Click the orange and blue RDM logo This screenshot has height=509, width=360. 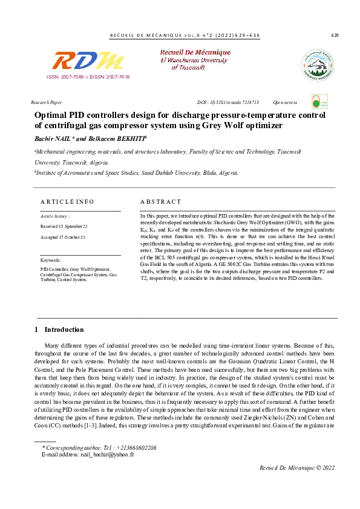pyautogui.click(x=88, y=61)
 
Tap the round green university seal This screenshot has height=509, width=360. pyautogui.click(x=316, y=65)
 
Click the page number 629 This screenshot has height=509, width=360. pyautogui.click(x=335, y=35)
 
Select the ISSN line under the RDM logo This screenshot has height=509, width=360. pyautogui.click(x=88, y=77)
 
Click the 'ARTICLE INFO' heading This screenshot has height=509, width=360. pyautogui.click(x=67, y=201)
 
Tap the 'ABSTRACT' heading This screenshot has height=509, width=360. pyautogui.click(x=160, y=201)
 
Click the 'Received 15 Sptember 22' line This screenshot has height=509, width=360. pyautogui.click(x=64, y=226)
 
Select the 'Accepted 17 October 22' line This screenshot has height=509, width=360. pyautogui.click(x=62, y=237)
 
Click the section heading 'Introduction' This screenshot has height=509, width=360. pyautogui.click(x=64, y=329)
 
